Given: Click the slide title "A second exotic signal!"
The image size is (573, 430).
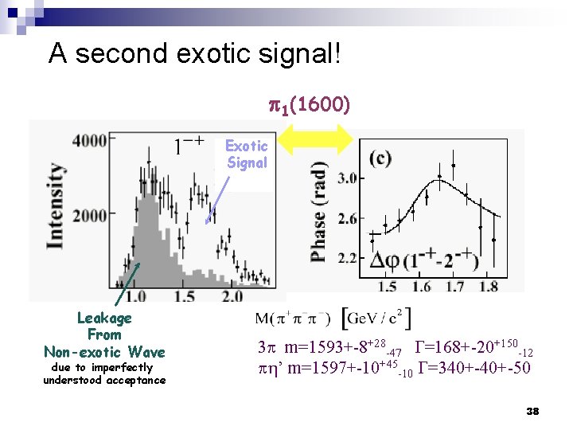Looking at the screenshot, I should pos(195,54).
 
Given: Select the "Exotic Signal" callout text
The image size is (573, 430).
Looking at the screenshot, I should pos(247,154).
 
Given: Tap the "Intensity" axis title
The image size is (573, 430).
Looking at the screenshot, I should pos(55,206).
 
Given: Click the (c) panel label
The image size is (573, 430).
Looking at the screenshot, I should pos(379,157).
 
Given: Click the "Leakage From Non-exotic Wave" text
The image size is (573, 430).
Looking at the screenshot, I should pos(104,335).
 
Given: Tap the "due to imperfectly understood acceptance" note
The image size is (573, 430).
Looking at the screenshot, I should pos(104,373).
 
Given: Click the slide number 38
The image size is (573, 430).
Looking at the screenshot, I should pos(532,411).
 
